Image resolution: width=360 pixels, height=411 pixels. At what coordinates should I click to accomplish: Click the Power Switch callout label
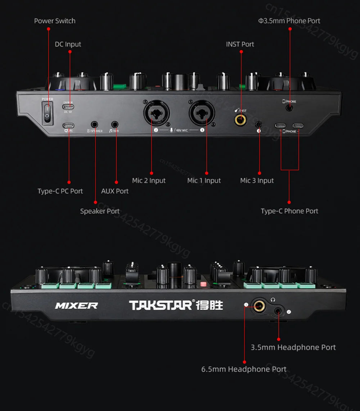point(55,21)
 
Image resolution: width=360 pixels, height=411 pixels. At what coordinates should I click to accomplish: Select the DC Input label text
point(68,44)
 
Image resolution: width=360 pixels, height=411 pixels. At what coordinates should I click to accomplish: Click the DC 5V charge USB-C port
point(68,107)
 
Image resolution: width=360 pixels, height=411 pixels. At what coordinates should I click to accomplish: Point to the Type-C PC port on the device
point(68,125)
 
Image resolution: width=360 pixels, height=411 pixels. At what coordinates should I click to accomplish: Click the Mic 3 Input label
point(257,181)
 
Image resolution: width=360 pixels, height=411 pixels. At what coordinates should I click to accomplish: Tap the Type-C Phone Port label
point(289,211)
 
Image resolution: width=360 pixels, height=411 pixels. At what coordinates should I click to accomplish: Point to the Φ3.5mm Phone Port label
point(289,21)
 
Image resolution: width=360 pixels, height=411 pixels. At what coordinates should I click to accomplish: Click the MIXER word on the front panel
point(76,306)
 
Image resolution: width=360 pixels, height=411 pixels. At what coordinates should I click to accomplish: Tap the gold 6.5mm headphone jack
point(258,306)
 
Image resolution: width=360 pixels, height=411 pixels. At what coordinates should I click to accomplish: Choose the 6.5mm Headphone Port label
point(244,369)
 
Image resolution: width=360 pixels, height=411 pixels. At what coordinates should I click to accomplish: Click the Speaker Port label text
point(100,211)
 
